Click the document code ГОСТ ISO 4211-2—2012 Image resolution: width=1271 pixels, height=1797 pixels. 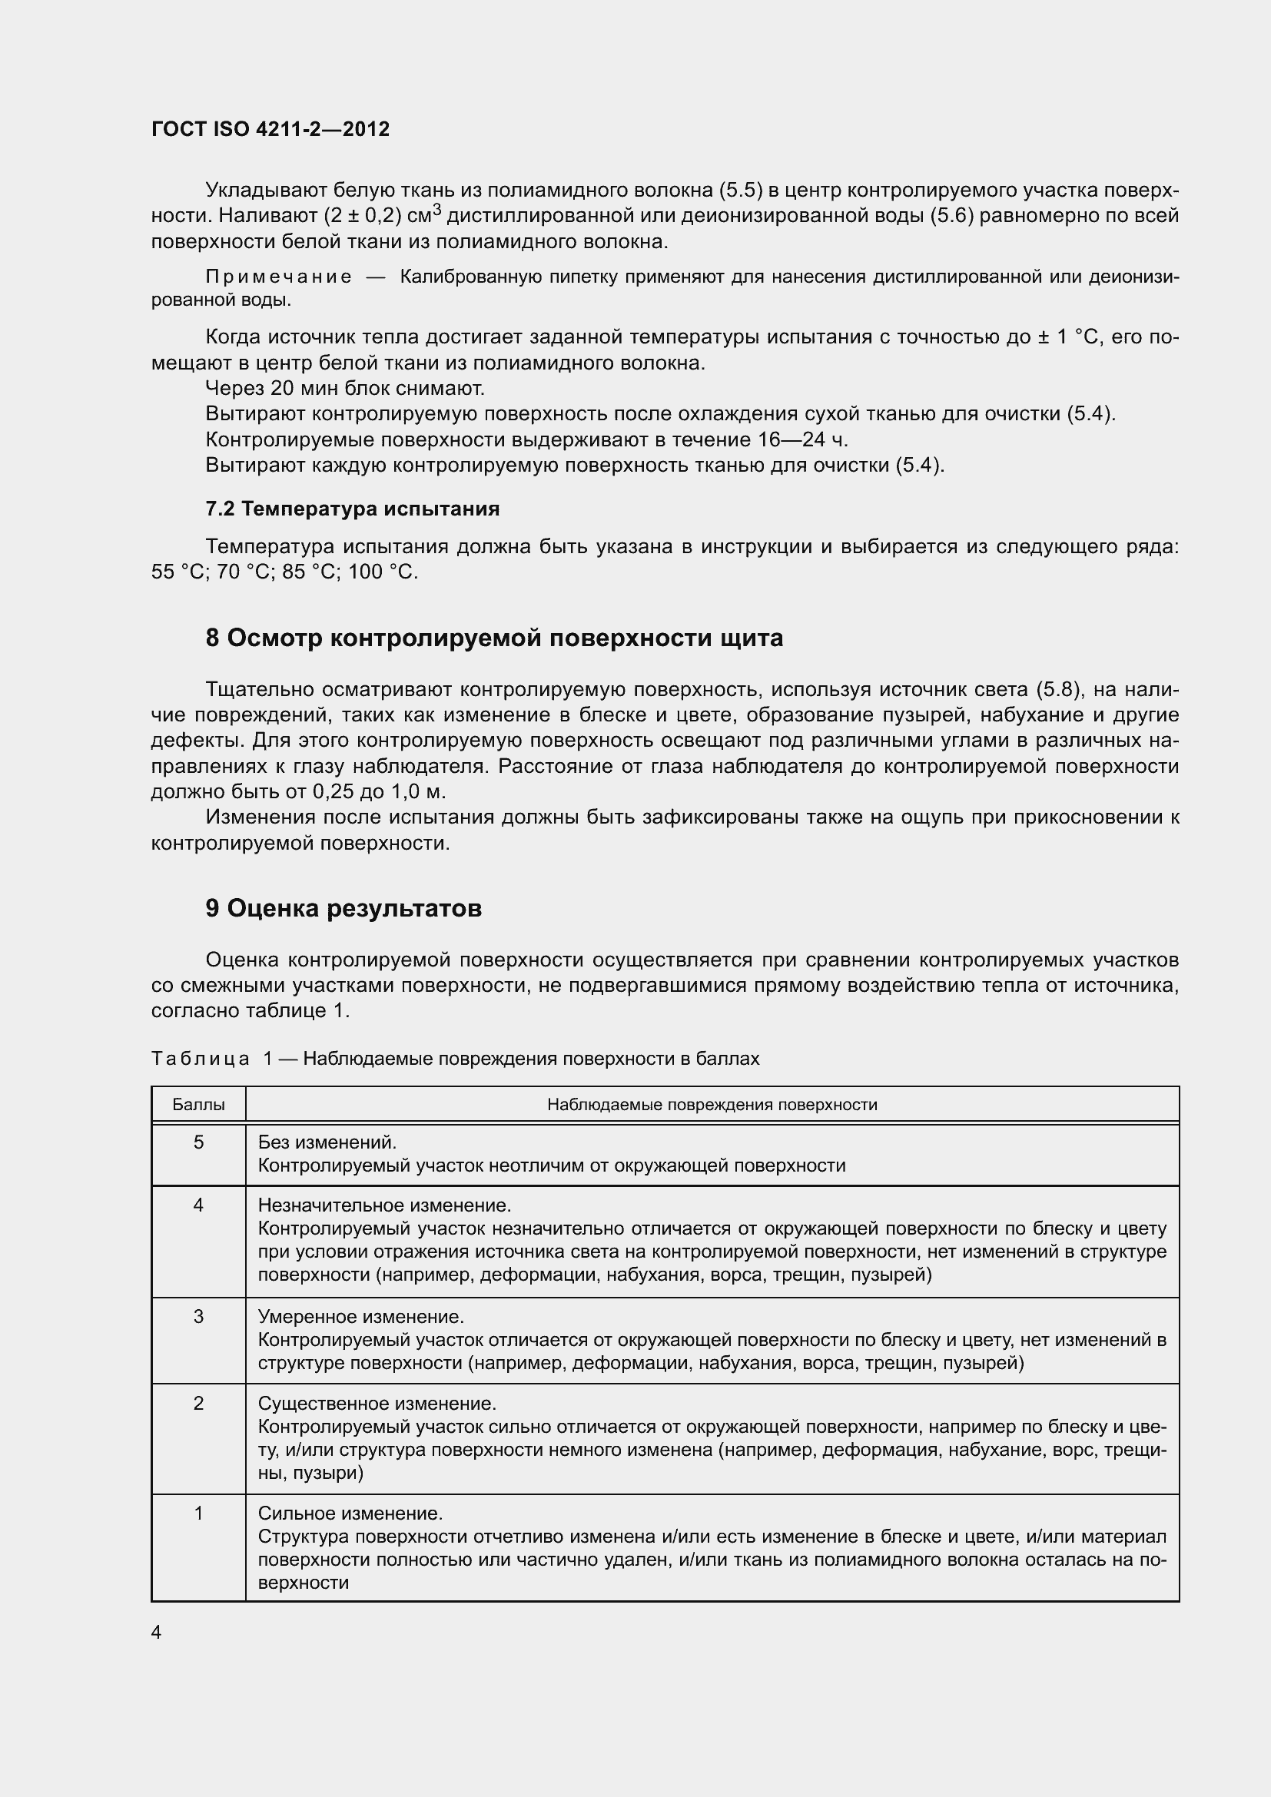(270, 129)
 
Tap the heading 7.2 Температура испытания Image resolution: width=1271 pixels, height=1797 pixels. (352, 509)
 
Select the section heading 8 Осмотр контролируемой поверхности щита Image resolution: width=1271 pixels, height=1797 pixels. (494, 638)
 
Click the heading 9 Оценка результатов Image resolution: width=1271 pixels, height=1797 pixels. (343, 908)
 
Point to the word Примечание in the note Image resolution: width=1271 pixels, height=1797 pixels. (278, 277)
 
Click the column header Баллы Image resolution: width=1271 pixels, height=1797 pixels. (198, 1104)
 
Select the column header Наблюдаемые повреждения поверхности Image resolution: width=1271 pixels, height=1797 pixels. (712, 1104)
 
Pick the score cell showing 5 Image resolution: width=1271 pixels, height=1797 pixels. (198, 1142)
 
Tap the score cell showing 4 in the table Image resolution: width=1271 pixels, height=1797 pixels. (198, 1205)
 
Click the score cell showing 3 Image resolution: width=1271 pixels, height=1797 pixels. (198, 1317)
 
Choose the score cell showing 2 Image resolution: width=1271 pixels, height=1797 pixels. (198, 1404)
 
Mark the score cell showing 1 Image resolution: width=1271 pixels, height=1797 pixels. (198, 1513)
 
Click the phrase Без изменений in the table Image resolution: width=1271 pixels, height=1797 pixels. (327, 1142)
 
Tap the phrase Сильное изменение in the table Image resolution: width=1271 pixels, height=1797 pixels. (350, 1513)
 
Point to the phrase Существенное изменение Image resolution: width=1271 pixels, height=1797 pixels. (377, 1404)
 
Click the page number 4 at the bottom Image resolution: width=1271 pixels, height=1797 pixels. (156, 1632)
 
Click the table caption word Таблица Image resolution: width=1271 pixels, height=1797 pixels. (200, 1059)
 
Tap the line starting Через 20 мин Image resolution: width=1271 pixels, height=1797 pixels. (344, 388)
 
